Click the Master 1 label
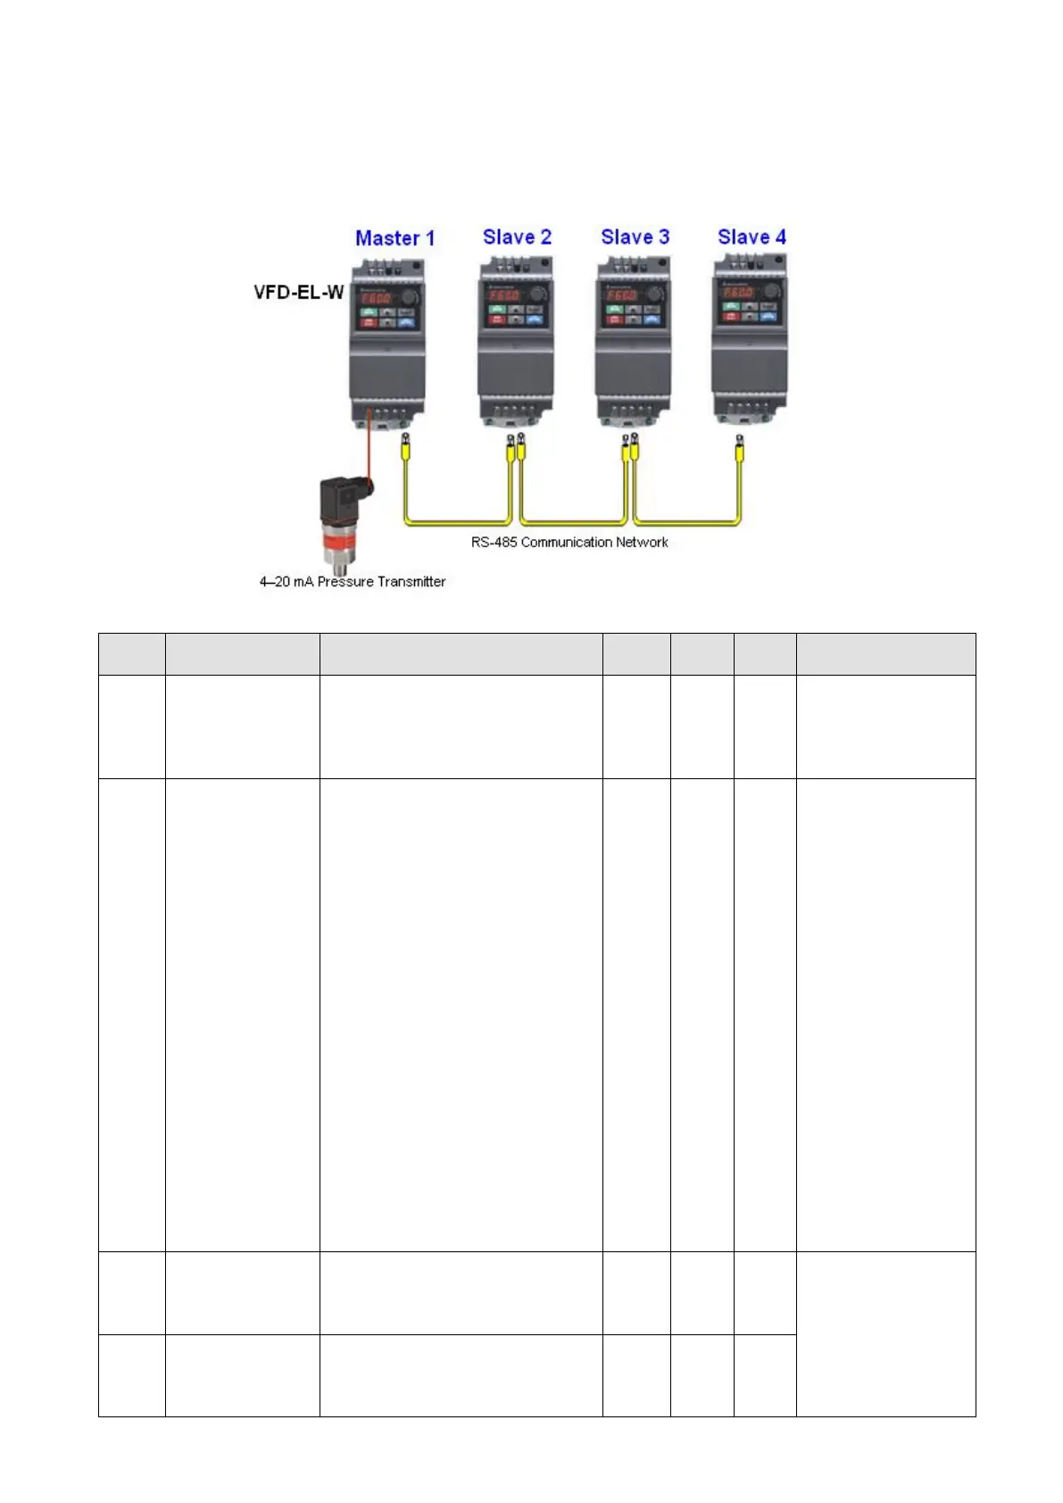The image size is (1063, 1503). point(394,238)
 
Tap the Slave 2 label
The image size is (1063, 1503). point(517,237)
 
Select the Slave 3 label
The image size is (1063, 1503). point(635,237)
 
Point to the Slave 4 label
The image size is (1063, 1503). point(752,237)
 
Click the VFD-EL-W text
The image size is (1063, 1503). point(298,292)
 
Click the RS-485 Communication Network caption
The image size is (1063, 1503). point(569,542)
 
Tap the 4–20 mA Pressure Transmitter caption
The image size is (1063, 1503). point(353,582)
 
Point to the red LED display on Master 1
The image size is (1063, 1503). point(377,298)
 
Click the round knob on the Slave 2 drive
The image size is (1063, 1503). point(537,295)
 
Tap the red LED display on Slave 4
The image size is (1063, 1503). point(739,292)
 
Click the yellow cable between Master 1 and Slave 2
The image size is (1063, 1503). point(455,521)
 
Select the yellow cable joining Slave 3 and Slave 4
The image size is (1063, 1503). point(687,521)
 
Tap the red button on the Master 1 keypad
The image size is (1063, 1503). point(368,322)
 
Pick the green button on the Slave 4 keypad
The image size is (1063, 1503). point(731,306)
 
